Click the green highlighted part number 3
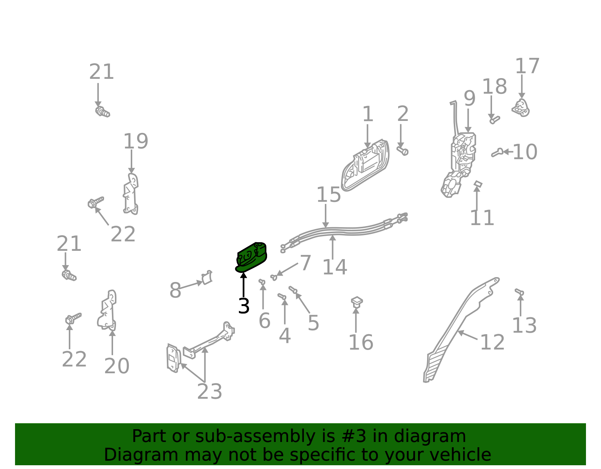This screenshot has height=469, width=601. pos(251,257)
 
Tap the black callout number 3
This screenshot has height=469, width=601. pos(244,306)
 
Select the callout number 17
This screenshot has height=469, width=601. pos(527,66)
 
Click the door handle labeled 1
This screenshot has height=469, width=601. pos(365,165)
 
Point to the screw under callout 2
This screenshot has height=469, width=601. pos(403,151)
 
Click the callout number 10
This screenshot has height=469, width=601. pos(525,152)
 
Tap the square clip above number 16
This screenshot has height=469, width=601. pos(357,302)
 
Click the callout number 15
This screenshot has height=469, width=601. pos(329,195)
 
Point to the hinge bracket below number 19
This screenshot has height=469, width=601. pos(131,194)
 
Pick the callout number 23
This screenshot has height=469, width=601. pos(209,392)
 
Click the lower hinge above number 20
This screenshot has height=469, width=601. pos(107,310)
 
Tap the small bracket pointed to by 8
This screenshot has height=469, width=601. pos(207,277)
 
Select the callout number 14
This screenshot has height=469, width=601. pos(335,267)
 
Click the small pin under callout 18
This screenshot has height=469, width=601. pos(495,120)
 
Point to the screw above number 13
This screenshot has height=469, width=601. pos(519,291)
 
